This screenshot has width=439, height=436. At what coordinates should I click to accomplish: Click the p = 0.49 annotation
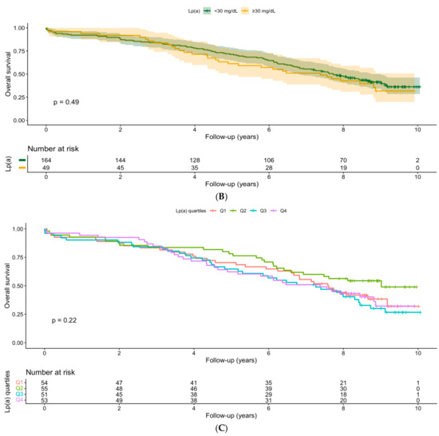(x=66, y=102)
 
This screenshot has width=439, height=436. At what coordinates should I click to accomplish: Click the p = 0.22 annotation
(x=64, y=320)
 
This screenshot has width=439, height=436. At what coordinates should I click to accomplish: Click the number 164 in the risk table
(x=46, y=161)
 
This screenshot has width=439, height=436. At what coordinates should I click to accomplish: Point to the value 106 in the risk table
(x=269, y=161)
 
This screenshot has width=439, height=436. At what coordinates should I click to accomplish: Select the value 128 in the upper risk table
(x=195, y=161)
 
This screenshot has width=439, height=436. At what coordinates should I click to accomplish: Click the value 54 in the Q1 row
(x=45, y=382)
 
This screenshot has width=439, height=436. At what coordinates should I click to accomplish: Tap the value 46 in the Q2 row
(x=194, y=389)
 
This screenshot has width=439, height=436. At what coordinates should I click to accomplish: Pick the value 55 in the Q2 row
(x=45, y=389)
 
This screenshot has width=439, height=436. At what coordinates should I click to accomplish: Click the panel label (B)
(x=221, y=196)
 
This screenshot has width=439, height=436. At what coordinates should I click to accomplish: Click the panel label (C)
(x=221, y=428)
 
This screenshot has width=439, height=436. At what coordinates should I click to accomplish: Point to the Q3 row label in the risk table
(x=19, y=394)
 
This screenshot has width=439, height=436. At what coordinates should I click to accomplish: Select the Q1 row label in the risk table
(x=19, y=382)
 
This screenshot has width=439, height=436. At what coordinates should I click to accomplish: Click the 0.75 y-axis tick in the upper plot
(x=19, y=51)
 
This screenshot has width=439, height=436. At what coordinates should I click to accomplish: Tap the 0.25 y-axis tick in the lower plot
(x=18, y=314)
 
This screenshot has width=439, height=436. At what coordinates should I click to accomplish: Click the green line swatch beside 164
(x=22, y=161)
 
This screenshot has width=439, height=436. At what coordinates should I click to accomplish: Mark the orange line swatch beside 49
(x=22, y=168)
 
